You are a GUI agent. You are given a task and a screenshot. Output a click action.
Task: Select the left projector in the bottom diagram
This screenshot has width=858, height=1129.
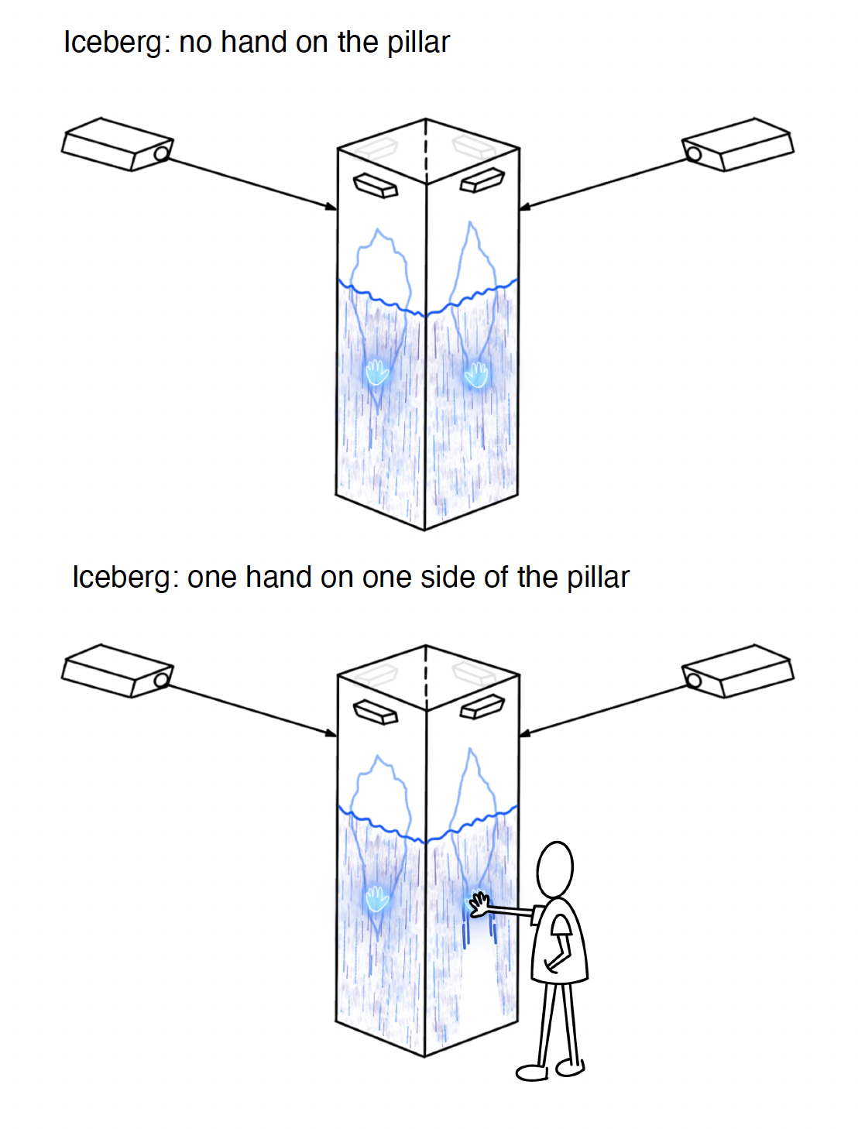click(x=117, y=671)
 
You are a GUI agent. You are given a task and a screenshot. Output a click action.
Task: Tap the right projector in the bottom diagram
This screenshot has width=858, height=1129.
click(x=738, y=671)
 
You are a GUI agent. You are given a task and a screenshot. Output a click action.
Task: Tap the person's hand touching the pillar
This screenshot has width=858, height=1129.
click(x=479, y=903)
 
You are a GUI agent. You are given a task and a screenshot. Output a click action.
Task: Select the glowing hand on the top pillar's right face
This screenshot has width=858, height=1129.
click(x=476, y=374)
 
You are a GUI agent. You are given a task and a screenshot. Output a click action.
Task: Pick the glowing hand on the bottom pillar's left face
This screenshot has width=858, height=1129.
click(x=377, y=898)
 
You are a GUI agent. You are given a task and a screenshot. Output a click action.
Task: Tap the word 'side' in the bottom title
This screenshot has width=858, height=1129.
click(x=448, y=578)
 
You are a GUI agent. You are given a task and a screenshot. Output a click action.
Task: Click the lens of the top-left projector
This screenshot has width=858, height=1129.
click(x=161, y=153)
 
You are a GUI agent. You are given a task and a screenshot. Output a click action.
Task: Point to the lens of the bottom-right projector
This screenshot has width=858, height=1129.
click(x=694, y=680)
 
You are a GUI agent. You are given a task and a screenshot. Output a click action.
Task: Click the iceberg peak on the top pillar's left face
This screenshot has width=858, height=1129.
click(x=378, y=231)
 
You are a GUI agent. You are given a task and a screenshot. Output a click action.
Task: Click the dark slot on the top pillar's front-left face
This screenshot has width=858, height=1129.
click(x=376, y=186)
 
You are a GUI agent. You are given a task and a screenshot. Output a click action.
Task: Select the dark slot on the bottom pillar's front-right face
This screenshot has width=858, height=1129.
click(x=482, y=706)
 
